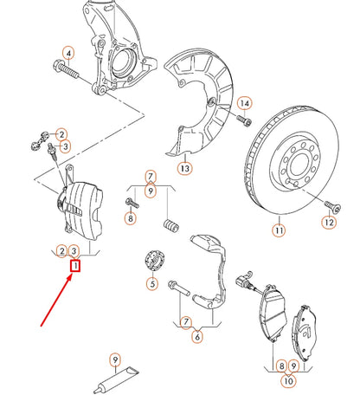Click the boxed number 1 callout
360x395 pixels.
pos(75,268)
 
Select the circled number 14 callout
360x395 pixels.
pos(245,104)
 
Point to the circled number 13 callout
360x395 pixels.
pos(183,166)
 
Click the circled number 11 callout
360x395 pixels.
pos(278,231)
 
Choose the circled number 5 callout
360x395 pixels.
pos(151,283)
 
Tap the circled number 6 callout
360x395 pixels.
pos(198,336)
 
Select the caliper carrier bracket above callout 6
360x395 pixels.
pos(208,269)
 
